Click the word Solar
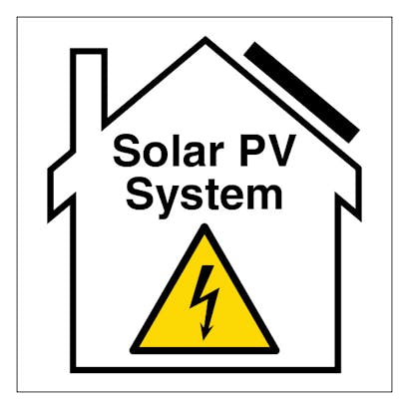168,150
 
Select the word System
204,196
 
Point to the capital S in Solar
127,151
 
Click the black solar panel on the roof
302,92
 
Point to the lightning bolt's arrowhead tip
204,339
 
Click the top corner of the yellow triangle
205,225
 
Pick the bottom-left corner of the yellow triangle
132,350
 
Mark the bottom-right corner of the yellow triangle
277,350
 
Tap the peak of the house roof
205,37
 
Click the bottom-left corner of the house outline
71,372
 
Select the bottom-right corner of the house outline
340,372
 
